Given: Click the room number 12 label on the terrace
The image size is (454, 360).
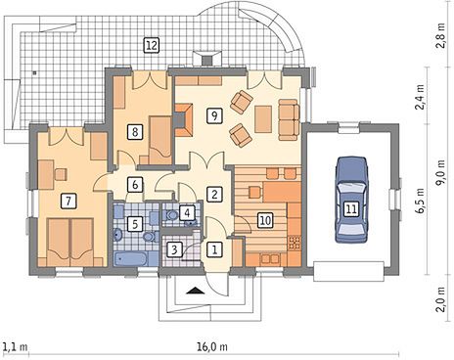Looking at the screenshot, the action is (x=152, y=45).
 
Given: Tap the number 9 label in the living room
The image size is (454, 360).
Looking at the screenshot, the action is (x=214, y=115).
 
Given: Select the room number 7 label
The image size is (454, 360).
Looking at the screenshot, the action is (x=68, y=201).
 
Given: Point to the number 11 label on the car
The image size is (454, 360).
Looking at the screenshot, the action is (x=351, y=208).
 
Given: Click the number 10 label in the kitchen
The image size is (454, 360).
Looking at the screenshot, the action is (x=265, y=220).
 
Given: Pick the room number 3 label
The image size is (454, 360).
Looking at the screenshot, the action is (x=174, y=249).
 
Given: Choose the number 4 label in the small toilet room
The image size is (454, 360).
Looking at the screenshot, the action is (x=187, y=212).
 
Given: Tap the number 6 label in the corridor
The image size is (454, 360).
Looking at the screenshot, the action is (x=135, y=185).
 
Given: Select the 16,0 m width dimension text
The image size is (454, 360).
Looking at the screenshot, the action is (x=212, y=346).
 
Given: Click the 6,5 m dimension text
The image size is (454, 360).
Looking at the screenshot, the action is (x=421, y=201).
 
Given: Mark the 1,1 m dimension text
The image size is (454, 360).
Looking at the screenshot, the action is (x=15, y=346).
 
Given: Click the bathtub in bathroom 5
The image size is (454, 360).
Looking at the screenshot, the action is (x=130, y=259).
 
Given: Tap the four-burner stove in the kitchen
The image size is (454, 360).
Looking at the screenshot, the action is (x=295, y=243).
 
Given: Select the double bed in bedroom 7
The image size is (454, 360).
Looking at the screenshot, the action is (x=70, y=243).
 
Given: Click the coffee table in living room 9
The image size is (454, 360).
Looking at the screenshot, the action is (x=263, y=119).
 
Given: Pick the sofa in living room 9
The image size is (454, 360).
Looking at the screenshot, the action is (x=289, y=119).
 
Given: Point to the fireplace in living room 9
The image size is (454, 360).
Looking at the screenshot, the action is (x=183, y=119).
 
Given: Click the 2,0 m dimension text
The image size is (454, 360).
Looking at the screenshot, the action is (x=441, y=300).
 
